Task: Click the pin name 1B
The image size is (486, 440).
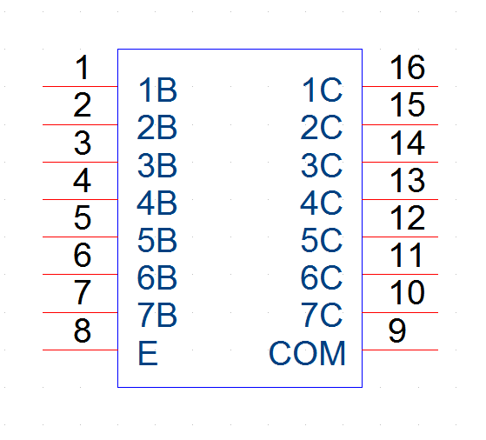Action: coord(157,90)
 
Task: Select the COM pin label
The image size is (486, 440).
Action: coord(307,354)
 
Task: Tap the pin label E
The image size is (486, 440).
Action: coord(148,354)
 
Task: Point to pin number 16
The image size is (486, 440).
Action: coord(407,67)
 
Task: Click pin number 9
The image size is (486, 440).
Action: coord(397,330)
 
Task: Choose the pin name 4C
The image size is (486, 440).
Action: coord(322,203)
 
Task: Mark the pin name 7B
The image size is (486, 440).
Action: coord(157,315)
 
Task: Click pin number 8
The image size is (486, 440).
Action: coord(83,330)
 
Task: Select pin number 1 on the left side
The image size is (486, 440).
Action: coord(83,67)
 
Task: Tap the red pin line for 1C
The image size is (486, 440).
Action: coord(400,86)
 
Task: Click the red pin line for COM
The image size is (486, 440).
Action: coord(400,350)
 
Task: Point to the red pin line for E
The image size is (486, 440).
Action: coord(80,350)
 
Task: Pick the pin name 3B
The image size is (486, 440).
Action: coord(157,165)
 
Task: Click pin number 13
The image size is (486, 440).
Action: coord(407,180)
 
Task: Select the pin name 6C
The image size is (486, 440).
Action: coord(322,277)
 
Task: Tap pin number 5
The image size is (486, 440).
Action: coord(83,217)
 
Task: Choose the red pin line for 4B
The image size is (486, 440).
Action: coord(80,199)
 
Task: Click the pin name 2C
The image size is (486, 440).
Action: coord(322,128)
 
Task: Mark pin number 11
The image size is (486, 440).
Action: coord(406,255)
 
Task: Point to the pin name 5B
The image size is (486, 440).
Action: coord(157,240)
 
